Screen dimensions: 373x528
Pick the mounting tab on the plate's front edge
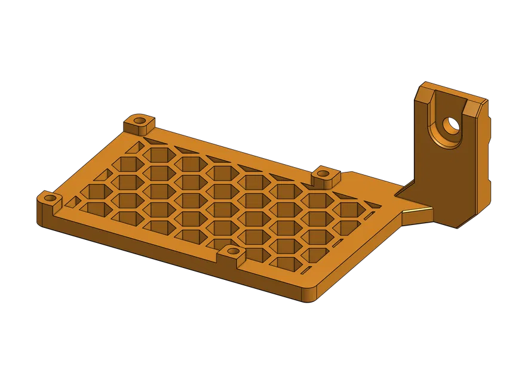pyautogui.click(x=232, y=253)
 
